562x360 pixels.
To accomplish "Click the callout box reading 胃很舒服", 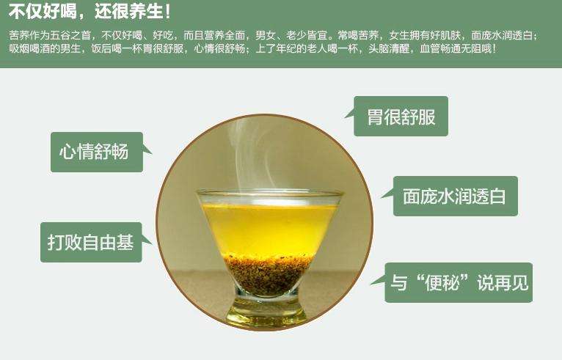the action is (401, 116).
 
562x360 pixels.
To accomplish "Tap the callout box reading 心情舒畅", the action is (97, 153).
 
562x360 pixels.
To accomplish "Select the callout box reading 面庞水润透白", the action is (455, 196).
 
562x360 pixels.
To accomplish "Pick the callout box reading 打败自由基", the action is (91, 242).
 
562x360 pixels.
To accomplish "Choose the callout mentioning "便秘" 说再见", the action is (459, 282).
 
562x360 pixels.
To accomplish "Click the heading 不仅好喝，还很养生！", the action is (90, 12).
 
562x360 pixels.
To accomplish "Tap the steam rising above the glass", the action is (251, 154).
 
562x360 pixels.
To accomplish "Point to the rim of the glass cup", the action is (269, 194).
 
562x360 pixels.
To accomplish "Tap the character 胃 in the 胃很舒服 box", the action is (375, 117).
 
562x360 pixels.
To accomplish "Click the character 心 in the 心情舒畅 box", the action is (67, 152).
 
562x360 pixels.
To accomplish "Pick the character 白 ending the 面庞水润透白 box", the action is (497, 196).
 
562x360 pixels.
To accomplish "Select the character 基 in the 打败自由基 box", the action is (125, 243).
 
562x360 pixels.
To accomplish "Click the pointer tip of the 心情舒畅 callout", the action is (152, 154).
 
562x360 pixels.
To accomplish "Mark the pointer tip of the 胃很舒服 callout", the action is (345, 117).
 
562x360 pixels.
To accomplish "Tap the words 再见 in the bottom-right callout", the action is (511, 283).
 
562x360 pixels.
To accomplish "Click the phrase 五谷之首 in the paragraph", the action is (70, 35).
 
